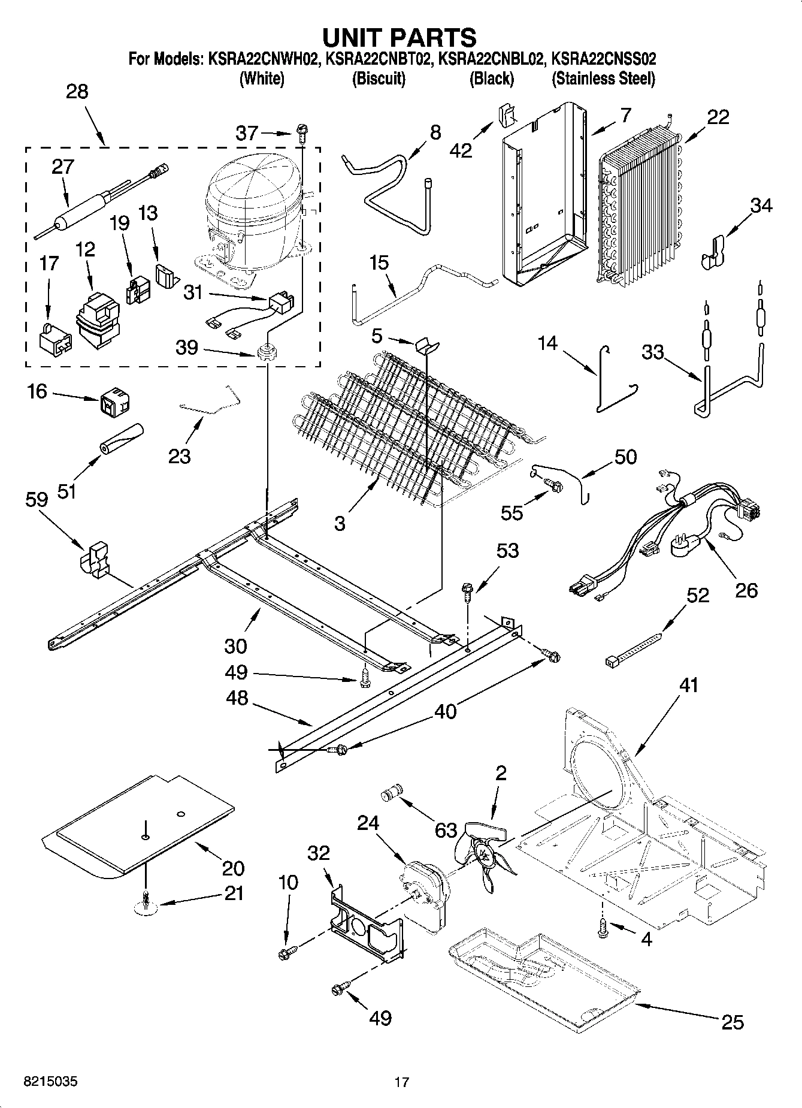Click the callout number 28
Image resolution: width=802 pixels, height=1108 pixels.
point(77,92)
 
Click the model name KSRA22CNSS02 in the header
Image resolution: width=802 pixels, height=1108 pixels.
point(603,59)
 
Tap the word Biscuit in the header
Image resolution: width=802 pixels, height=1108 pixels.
point(379,79)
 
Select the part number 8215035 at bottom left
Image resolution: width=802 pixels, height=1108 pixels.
point(50,1082)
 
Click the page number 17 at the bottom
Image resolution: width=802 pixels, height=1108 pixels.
point(401,1082)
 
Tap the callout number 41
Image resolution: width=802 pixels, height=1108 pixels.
point(689,684)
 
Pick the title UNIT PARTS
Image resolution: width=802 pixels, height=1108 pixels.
point(400,38)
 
